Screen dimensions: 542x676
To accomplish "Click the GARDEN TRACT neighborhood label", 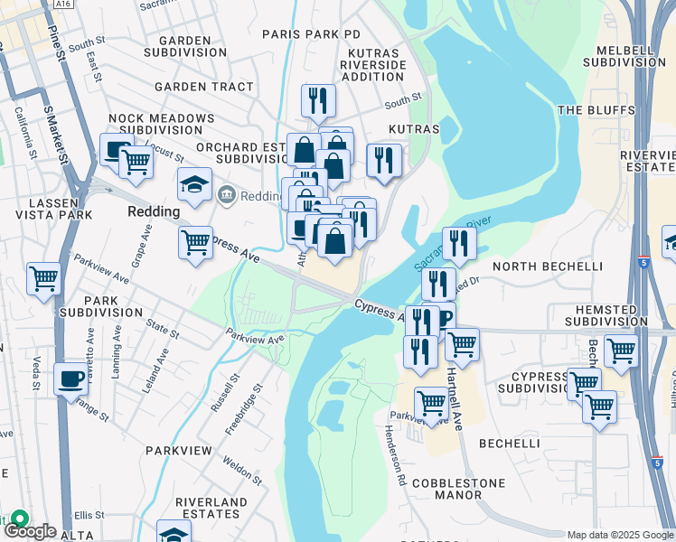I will [x=204, y=87].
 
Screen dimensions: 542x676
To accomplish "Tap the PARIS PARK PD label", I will [x=311, y=33].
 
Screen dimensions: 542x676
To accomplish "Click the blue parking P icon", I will [x=445, y=319].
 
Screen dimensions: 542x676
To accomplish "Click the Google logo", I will [x=30, y=531].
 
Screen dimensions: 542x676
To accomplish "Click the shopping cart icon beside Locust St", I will [x=136, y=162].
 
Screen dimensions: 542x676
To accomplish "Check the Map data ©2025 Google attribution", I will [x=621, y=535].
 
